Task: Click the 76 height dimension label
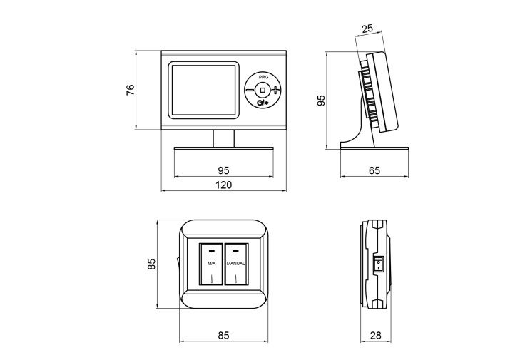[130, 90]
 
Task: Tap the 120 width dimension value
[223, 185]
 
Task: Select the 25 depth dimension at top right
[367, 29]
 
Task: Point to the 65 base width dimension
[374, 170]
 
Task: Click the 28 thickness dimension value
[375, 335]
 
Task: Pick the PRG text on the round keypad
[264, 77]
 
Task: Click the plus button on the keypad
[276, 90]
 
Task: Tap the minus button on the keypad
[250, 90]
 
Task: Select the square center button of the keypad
[263, 90]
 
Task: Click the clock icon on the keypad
[260, 103]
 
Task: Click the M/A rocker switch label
[211, 264]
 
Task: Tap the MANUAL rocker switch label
[235, 264]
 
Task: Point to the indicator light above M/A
[212, 251]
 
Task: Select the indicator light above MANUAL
[236, 251]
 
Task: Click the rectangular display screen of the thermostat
[203, 90]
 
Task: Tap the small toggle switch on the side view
[378, 264]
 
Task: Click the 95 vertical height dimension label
[321, 101]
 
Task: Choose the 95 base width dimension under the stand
[223, 170]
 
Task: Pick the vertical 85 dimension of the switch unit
[152, 264]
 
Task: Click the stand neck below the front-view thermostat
[224, 138]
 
